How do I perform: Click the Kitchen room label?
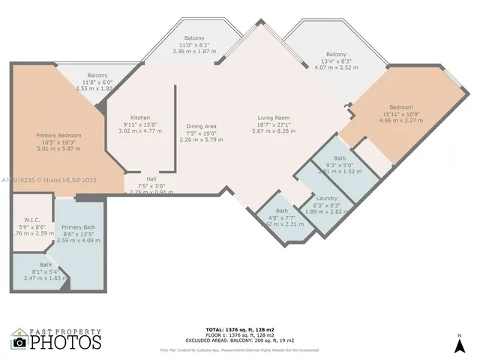point(140,118)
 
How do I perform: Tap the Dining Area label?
point(202,126)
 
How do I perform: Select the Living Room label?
point(274,118)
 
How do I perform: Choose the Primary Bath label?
point(78,227)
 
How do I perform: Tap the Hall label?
point(151,179)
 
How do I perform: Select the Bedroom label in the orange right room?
point(401,107)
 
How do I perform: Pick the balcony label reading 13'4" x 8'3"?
point(336,55)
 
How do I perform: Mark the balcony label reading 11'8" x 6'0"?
point(97,76)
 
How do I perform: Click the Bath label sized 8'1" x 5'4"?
point(46,265)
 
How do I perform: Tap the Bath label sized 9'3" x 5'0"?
point(340,158)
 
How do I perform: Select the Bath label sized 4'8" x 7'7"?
point(281,211)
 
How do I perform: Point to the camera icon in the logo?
point(19,342)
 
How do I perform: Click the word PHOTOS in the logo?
point(65,342)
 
